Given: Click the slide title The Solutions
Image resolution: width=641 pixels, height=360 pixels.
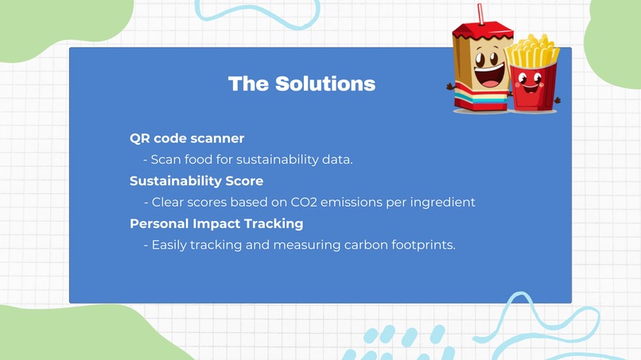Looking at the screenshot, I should tap(301, 83).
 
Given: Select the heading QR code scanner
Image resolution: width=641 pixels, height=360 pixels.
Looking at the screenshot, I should tap(187, 138).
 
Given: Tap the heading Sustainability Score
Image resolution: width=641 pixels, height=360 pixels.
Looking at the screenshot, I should tap(196, 181).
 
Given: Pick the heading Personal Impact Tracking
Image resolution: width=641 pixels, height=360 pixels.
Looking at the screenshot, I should tap(216, 224).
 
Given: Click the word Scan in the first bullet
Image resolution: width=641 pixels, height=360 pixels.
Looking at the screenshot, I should tap(165, 160).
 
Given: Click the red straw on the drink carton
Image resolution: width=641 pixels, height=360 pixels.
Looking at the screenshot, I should tap(480, 14).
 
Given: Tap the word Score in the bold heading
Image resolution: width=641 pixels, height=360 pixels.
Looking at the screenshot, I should tap(244, 181).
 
